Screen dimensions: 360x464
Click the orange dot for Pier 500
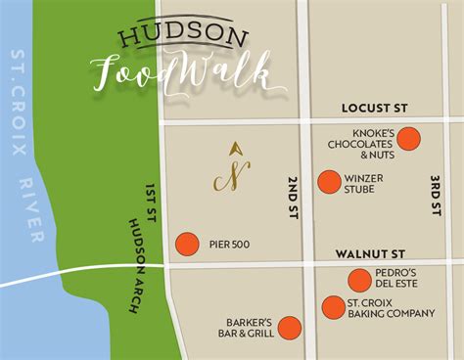pos(186,244)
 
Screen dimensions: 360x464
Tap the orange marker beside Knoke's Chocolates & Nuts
pos(408,139)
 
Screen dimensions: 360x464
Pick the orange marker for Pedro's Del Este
pos(359,279)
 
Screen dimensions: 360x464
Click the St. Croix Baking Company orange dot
pos(333,307)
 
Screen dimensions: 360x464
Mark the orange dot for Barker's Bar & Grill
pos(289,328)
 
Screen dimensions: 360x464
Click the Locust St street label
pos(373,109)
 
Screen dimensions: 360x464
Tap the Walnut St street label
pos(371,253)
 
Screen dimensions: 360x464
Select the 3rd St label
pos(436,201)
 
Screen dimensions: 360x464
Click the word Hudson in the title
pos(183,36)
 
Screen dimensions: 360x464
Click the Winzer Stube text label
pos(365,183)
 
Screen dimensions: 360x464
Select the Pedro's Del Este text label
pos(396,279)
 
